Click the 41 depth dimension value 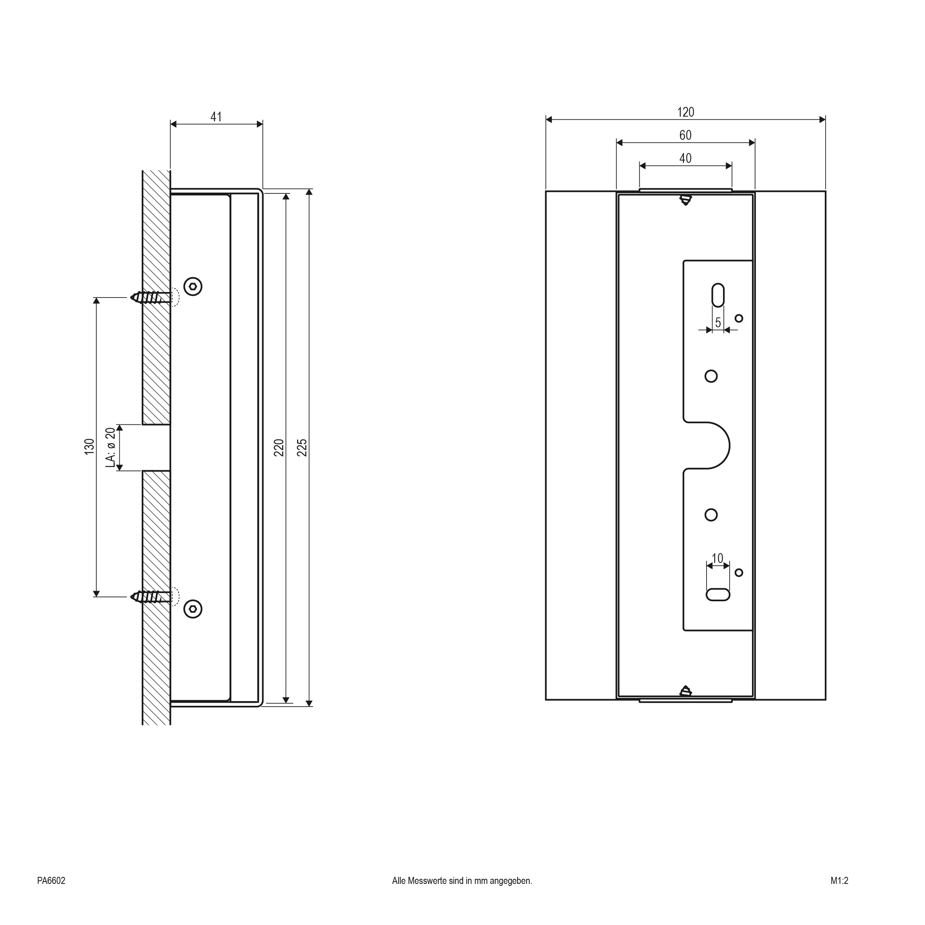pyautogui.click(x=216, y=116)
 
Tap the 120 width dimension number pyautogui.click(x=685, y=112)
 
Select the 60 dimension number pyautogui.click(x=685, y=135)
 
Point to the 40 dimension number pyautogui.click(x=685, y=158)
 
